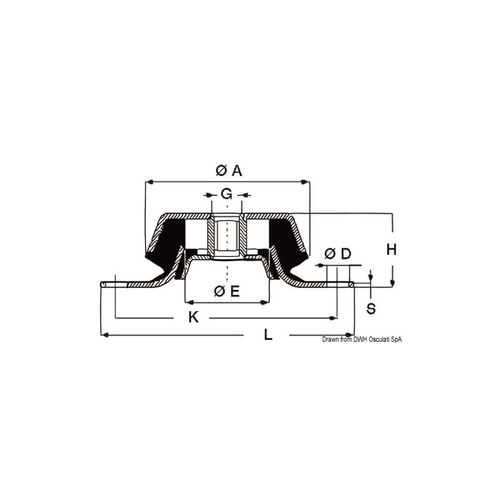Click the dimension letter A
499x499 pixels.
(237, 171)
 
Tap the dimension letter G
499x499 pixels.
(226, 194)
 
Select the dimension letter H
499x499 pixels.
(391, 249)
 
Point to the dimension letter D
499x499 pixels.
(346, 254)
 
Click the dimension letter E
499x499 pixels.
(235, 291)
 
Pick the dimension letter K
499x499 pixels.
(194, 317)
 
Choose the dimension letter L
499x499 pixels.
(268, 335)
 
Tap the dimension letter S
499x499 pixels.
(371, 309)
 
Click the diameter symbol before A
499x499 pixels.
(221, 171)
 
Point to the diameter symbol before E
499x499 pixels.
(220, 291)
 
